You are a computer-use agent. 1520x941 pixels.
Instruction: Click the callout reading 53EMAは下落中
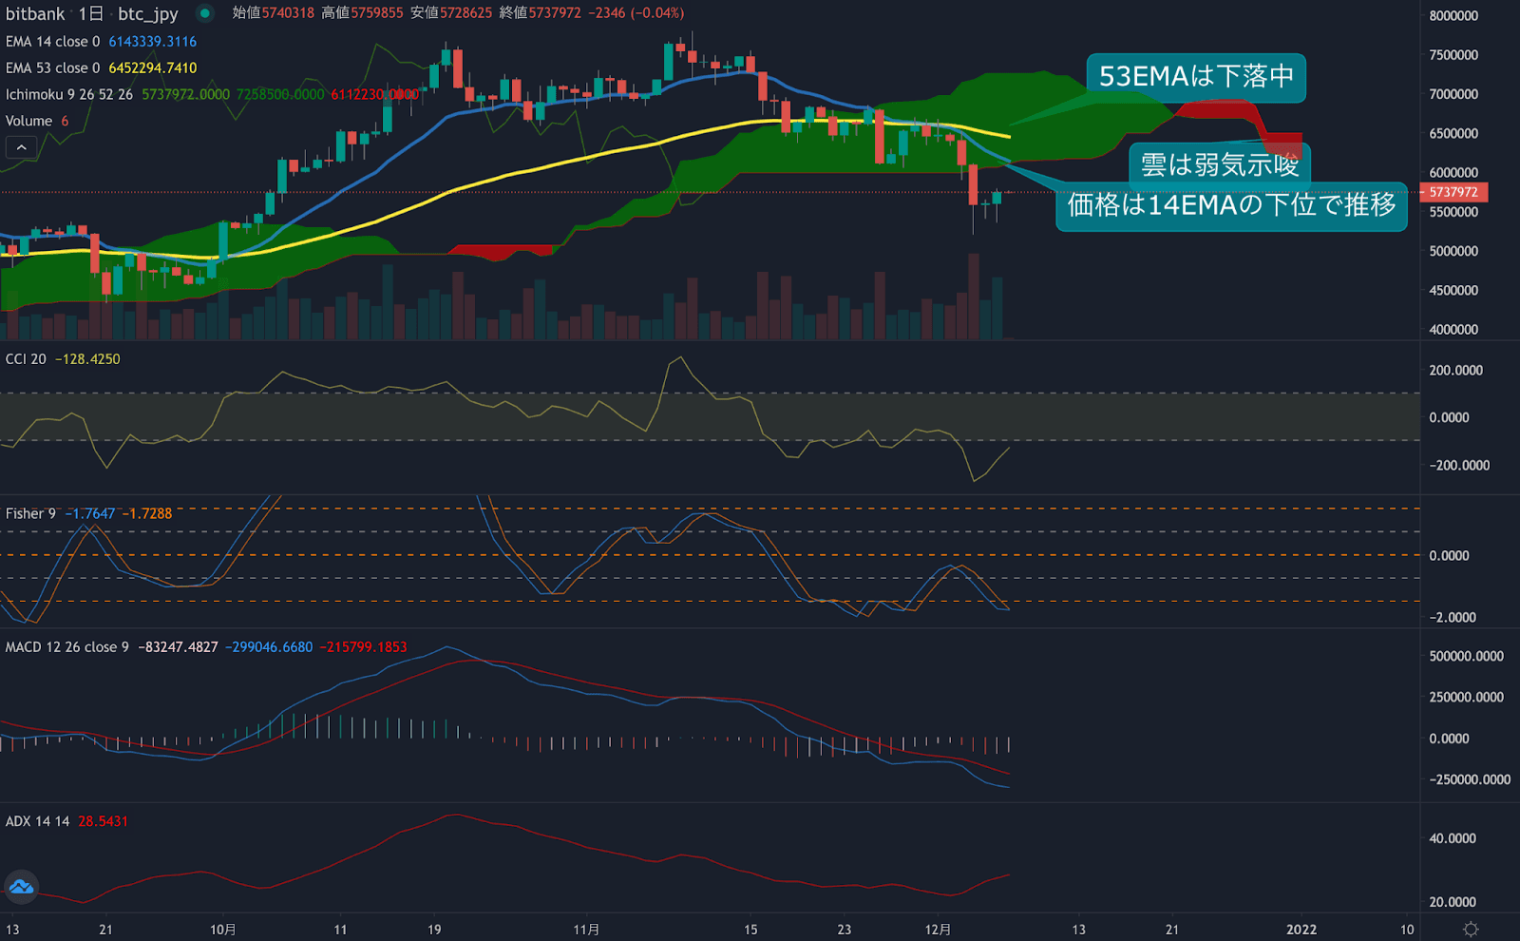coord(1196,77)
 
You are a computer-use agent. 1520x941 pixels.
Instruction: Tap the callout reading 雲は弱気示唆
coord(1220,164)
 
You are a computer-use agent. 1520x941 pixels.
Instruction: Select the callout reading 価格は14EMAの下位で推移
coord(1231,205)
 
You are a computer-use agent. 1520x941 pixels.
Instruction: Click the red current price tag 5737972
coord(1453,192)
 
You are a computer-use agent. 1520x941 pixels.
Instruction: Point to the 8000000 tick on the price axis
coord(1453,16)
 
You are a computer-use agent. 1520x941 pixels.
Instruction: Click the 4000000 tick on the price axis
coord(1453,330)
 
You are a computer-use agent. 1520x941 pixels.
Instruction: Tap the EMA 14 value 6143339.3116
coord(152,42)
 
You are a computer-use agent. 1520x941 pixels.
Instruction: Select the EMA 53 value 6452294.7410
coord(152,68)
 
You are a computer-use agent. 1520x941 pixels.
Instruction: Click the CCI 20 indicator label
coord(26,359)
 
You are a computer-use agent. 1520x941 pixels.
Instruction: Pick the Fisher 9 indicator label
coord(30,513)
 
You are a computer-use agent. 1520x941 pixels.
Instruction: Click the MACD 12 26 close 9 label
coord(66,647)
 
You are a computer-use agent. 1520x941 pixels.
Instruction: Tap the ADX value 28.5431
coord(103,821)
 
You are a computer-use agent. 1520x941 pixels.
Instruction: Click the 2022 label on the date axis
coord(1301,930)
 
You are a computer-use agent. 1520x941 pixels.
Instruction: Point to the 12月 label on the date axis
coord(938,930)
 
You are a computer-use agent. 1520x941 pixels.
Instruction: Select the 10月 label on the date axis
coord(223,930)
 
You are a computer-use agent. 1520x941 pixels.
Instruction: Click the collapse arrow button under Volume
coord(21,147)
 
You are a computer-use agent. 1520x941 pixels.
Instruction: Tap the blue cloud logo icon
coord(21,888)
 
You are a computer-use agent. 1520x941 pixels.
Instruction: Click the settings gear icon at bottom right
coord(1471,930)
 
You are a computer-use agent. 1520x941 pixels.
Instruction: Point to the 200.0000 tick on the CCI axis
coord(1455,371)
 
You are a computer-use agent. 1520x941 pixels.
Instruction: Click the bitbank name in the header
coord(35,14)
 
